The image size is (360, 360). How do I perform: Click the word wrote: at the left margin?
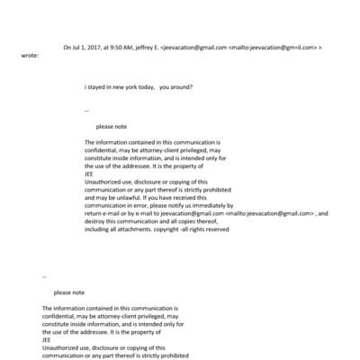point(30,55)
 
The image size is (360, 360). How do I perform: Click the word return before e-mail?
point(94,213)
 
